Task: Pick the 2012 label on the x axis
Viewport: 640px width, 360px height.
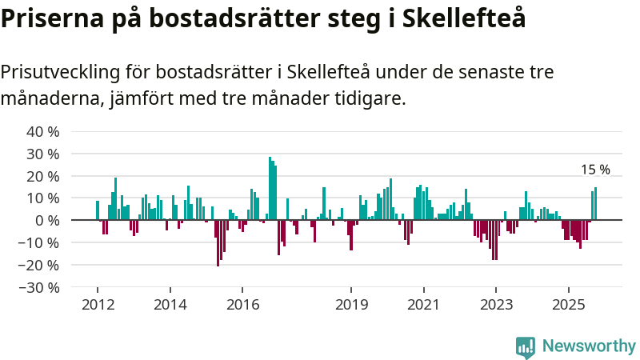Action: [x=98, y=304]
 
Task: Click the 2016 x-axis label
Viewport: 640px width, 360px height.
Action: [x=242, y=304]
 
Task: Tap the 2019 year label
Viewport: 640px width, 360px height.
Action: [x=351, y=304]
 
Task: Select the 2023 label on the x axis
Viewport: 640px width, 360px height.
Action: [x=496, y=304]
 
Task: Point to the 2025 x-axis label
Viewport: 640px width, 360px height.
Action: [x=568, y=304]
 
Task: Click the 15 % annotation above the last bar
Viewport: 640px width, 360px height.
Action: [x=595, y=170]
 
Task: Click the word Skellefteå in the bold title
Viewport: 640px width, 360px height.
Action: [x=469, y=18]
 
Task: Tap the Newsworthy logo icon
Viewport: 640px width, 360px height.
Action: [x=526, y=346]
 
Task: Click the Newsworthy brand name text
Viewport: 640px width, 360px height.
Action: [x=589, y=346]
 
